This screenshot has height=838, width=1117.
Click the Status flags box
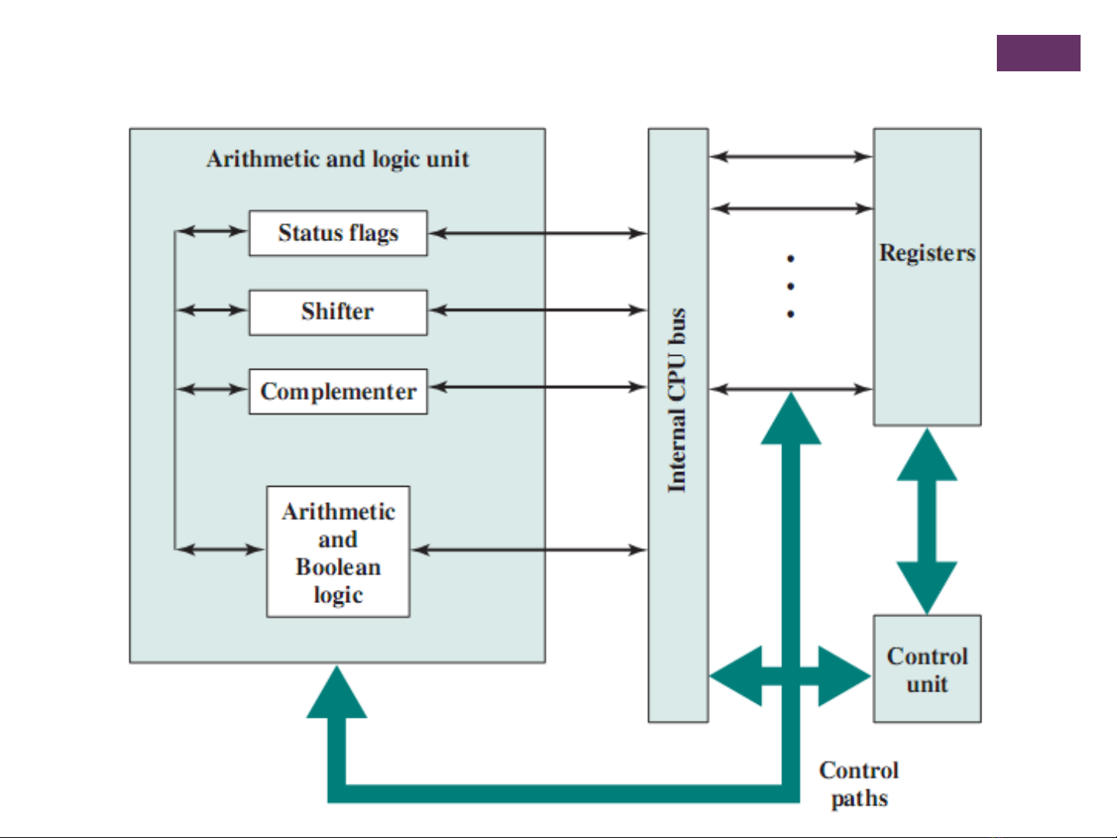[338, 233]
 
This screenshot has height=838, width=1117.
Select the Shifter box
[338, 312]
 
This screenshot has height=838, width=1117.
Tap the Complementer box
[338, 391]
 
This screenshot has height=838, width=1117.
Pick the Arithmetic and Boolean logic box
[338, 552]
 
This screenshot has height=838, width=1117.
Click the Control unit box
[927, 669]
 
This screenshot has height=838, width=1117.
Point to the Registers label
[927, 253]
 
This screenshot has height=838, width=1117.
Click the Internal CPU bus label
[677, 400]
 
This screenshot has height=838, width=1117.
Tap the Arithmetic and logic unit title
[338, 159]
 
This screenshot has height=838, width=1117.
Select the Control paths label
[859, 784]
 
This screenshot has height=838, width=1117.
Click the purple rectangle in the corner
[1038, 53]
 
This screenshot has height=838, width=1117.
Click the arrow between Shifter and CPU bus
[538, 310]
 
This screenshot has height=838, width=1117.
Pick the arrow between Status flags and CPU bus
[538, 233]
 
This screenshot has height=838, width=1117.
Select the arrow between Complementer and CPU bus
[538, 386]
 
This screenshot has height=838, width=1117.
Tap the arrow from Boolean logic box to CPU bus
[529, 550]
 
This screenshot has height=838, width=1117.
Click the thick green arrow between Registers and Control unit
[927, 521]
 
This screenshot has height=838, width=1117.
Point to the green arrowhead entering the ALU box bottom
[336, 695]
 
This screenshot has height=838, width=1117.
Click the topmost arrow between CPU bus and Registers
[791, 157]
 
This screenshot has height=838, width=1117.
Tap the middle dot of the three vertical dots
[791, 286]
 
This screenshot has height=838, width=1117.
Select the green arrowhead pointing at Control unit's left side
[843, 676]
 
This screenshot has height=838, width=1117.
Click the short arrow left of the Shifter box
[212, 310]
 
